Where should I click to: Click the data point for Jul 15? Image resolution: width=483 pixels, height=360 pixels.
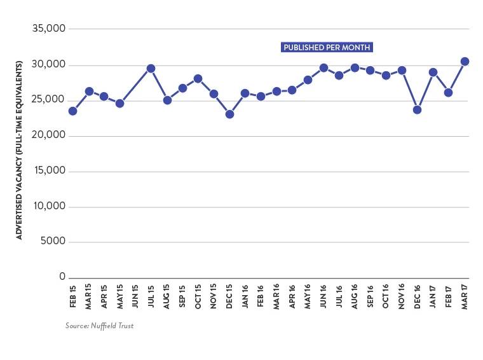click(151, 68)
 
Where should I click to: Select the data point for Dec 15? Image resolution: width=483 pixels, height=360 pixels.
click(229, 114)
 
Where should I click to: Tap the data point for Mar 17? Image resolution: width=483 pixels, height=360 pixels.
click(465, 61)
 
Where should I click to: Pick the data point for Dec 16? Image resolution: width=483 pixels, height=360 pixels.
click(418, 109)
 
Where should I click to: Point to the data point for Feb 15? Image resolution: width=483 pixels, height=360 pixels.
click(72, 111)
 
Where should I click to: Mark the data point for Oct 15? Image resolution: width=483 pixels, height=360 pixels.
click(198, 79)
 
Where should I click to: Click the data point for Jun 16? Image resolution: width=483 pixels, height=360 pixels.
click(323, 67)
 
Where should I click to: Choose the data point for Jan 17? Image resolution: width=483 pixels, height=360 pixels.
click(433, 73)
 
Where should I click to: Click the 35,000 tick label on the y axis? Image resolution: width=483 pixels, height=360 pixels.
click(48, 29)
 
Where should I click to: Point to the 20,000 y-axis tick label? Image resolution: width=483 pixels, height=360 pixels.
click(48, 135)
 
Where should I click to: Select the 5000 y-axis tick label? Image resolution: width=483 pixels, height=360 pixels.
click(51, 242)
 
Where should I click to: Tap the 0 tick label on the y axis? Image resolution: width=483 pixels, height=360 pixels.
click(63, 277)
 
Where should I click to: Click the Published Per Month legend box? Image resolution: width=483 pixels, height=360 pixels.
click(327, 48)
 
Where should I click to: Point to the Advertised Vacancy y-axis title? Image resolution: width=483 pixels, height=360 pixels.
click(19, 150)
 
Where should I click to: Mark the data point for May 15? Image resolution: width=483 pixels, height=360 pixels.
click(119, 103)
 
